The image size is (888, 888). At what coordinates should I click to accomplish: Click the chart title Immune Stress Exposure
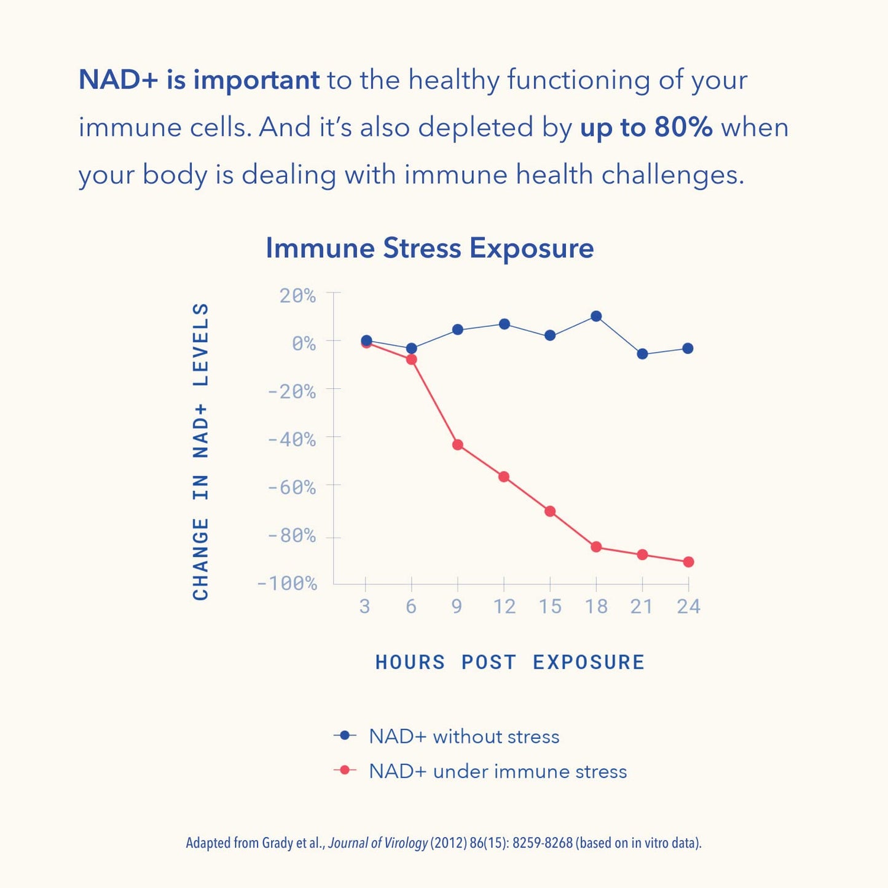coord(430,248)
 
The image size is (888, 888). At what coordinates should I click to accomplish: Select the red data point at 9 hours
coord(457,444)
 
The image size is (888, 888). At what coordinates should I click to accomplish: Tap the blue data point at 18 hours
coord(595,316)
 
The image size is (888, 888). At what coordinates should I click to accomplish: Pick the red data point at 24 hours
coord(688,562)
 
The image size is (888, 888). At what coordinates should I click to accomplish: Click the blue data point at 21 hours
coord(642,354)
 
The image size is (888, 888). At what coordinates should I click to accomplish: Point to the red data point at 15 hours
coord(550,511)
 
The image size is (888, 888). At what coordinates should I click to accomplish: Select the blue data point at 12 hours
coord(504,324)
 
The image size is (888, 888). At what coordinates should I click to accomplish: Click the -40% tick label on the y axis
coord(292,439)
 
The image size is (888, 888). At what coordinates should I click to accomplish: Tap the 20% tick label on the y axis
coord(297,296)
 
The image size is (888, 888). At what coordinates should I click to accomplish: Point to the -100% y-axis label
coord(287,583)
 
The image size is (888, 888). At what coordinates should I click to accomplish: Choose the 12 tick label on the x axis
coord(504,607)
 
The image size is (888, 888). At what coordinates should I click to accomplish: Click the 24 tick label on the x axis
coord(688,607)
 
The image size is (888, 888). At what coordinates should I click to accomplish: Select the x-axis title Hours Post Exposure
coord(510,662)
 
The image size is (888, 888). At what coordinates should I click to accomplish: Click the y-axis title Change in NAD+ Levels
coord(201,452)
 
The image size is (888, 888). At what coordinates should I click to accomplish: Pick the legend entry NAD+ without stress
coord(464,736)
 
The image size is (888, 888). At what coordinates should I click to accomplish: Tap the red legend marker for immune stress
coord(345,770)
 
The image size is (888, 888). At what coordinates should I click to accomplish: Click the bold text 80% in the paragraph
coord(683,127)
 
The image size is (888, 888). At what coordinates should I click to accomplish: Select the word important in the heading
coord(256,80)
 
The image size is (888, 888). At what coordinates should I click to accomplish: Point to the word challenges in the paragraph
coord(672,175)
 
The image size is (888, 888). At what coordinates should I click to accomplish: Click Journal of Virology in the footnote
coord(377,843)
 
